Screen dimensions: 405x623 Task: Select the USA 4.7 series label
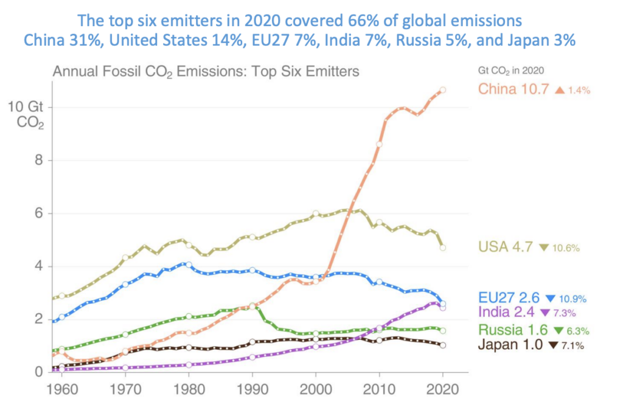coord(506,247)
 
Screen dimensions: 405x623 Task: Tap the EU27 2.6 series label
coord(509,299)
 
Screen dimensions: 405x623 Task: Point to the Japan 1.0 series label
coord(511,346)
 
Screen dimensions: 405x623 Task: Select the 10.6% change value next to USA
coord(566,248)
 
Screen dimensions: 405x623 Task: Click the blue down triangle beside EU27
coord(551,299)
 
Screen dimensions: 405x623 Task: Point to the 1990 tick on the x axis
coord(251,387)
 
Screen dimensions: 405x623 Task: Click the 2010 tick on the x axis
coord(379,387)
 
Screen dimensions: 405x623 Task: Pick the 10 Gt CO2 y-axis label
coord(25,114)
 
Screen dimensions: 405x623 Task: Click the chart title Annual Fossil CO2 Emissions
coord(206,71)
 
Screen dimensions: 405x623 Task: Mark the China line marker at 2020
coord(443,90)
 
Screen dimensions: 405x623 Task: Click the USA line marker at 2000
coord(316,213)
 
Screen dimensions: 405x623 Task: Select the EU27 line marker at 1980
coord(189,265)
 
